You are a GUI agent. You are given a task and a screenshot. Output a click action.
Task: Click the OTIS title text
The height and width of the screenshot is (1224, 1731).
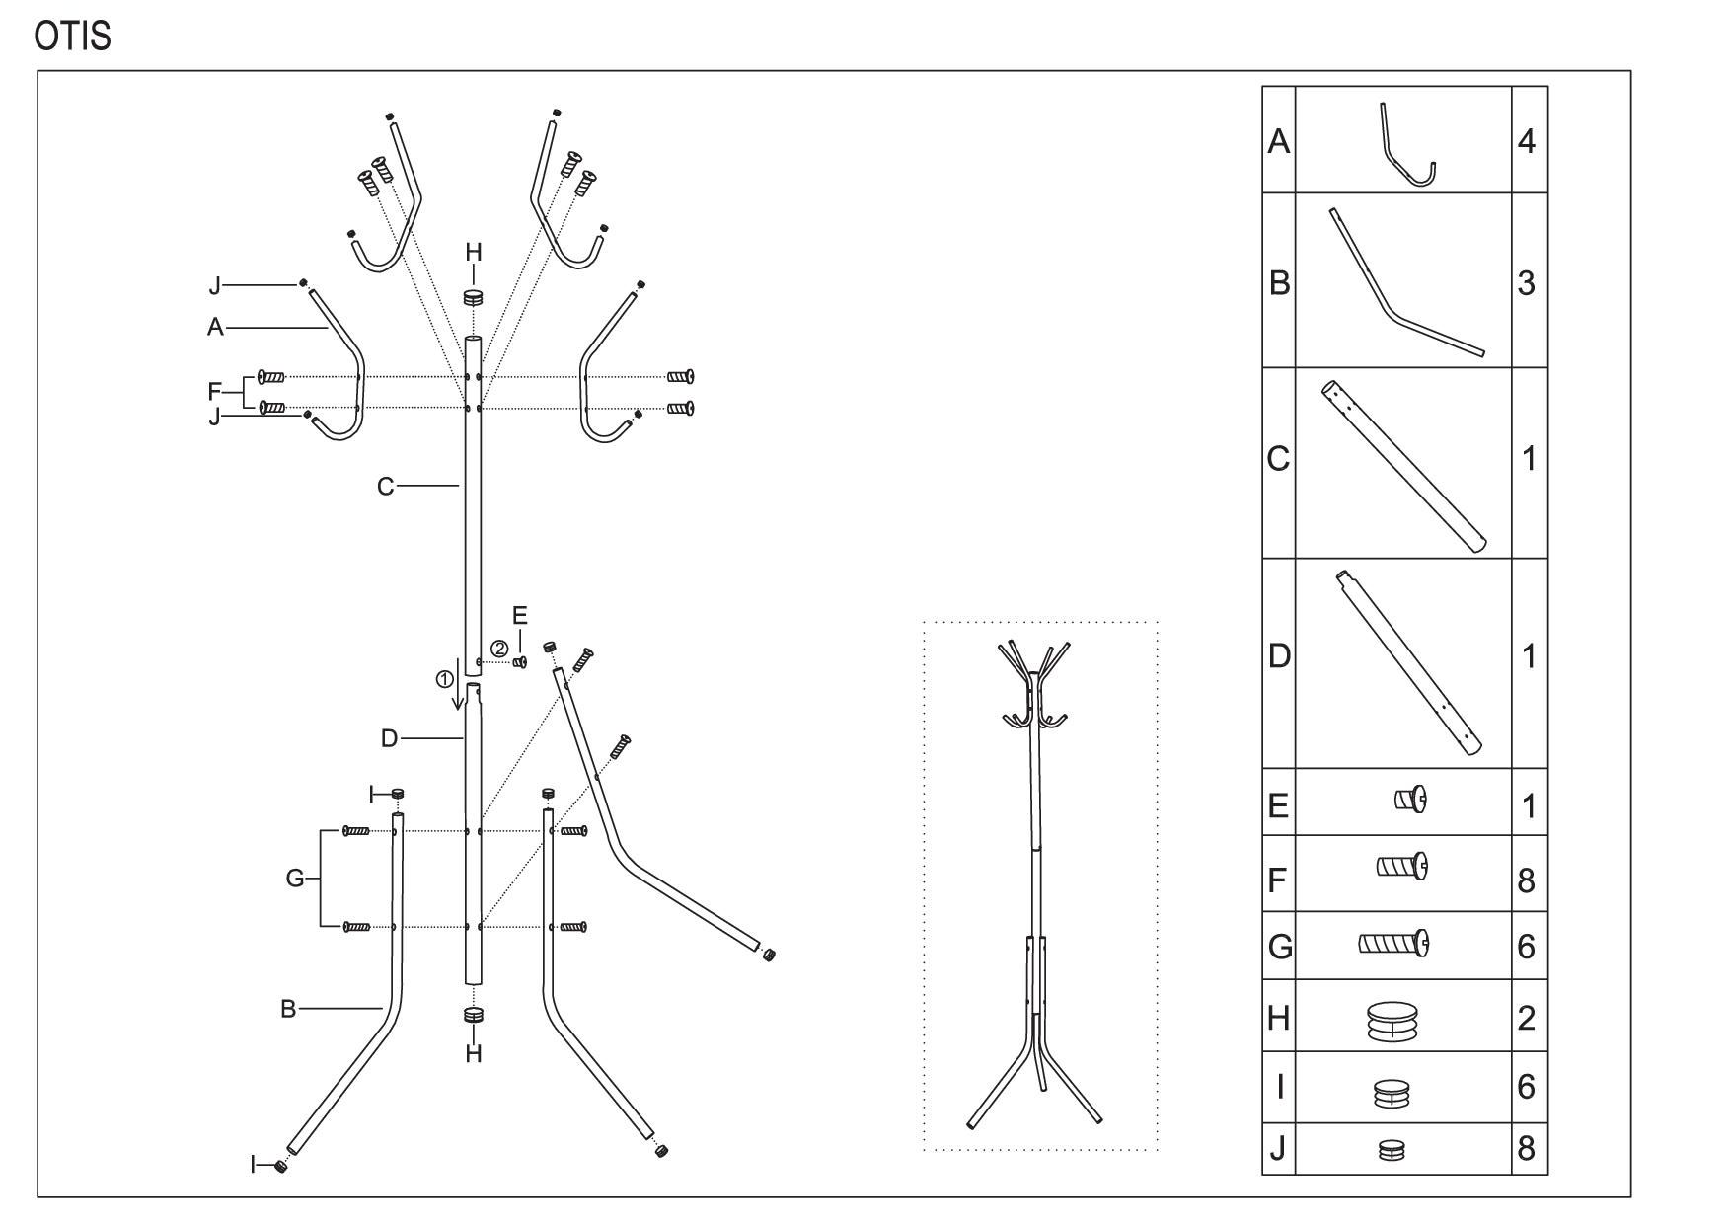pos(72,37)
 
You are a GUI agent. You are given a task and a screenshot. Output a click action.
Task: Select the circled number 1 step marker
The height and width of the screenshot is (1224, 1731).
pos(445,679)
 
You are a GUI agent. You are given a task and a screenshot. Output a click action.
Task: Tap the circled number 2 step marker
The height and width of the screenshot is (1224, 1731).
pos(500,649)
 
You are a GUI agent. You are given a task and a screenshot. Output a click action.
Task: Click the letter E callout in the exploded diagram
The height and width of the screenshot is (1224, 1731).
pos(520,617)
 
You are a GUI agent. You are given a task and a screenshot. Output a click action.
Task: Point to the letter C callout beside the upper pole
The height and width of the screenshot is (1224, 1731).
pos(386,486)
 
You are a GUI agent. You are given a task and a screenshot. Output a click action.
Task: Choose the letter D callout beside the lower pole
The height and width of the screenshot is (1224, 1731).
pos(389,738)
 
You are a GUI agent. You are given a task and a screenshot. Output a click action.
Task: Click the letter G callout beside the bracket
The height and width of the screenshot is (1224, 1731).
pos(295,878)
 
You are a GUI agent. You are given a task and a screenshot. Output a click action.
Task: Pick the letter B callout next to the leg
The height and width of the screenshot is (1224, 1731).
pos(288,1009)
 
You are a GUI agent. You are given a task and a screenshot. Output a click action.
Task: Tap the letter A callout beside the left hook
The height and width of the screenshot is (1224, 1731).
pos(215,327)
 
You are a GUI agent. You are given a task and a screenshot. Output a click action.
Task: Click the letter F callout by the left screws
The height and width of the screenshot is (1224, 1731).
pos(214,392)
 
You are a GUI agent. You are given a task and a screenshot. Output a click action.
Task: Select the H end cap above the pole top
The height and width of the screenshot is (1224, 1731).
pos(474,297)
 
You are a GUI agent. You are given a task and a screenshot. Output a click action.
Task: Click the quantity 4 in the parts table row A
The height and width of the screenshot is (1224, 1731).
pos(1526,141)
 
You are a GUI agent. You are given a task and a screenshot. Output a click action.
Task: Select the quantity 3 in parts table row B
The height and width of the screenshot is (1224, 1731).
pos(1526,283)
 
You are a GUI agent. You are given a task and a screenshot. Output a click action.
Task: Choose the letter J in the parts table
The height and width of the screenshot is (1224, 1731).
pos(1278,1149)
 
